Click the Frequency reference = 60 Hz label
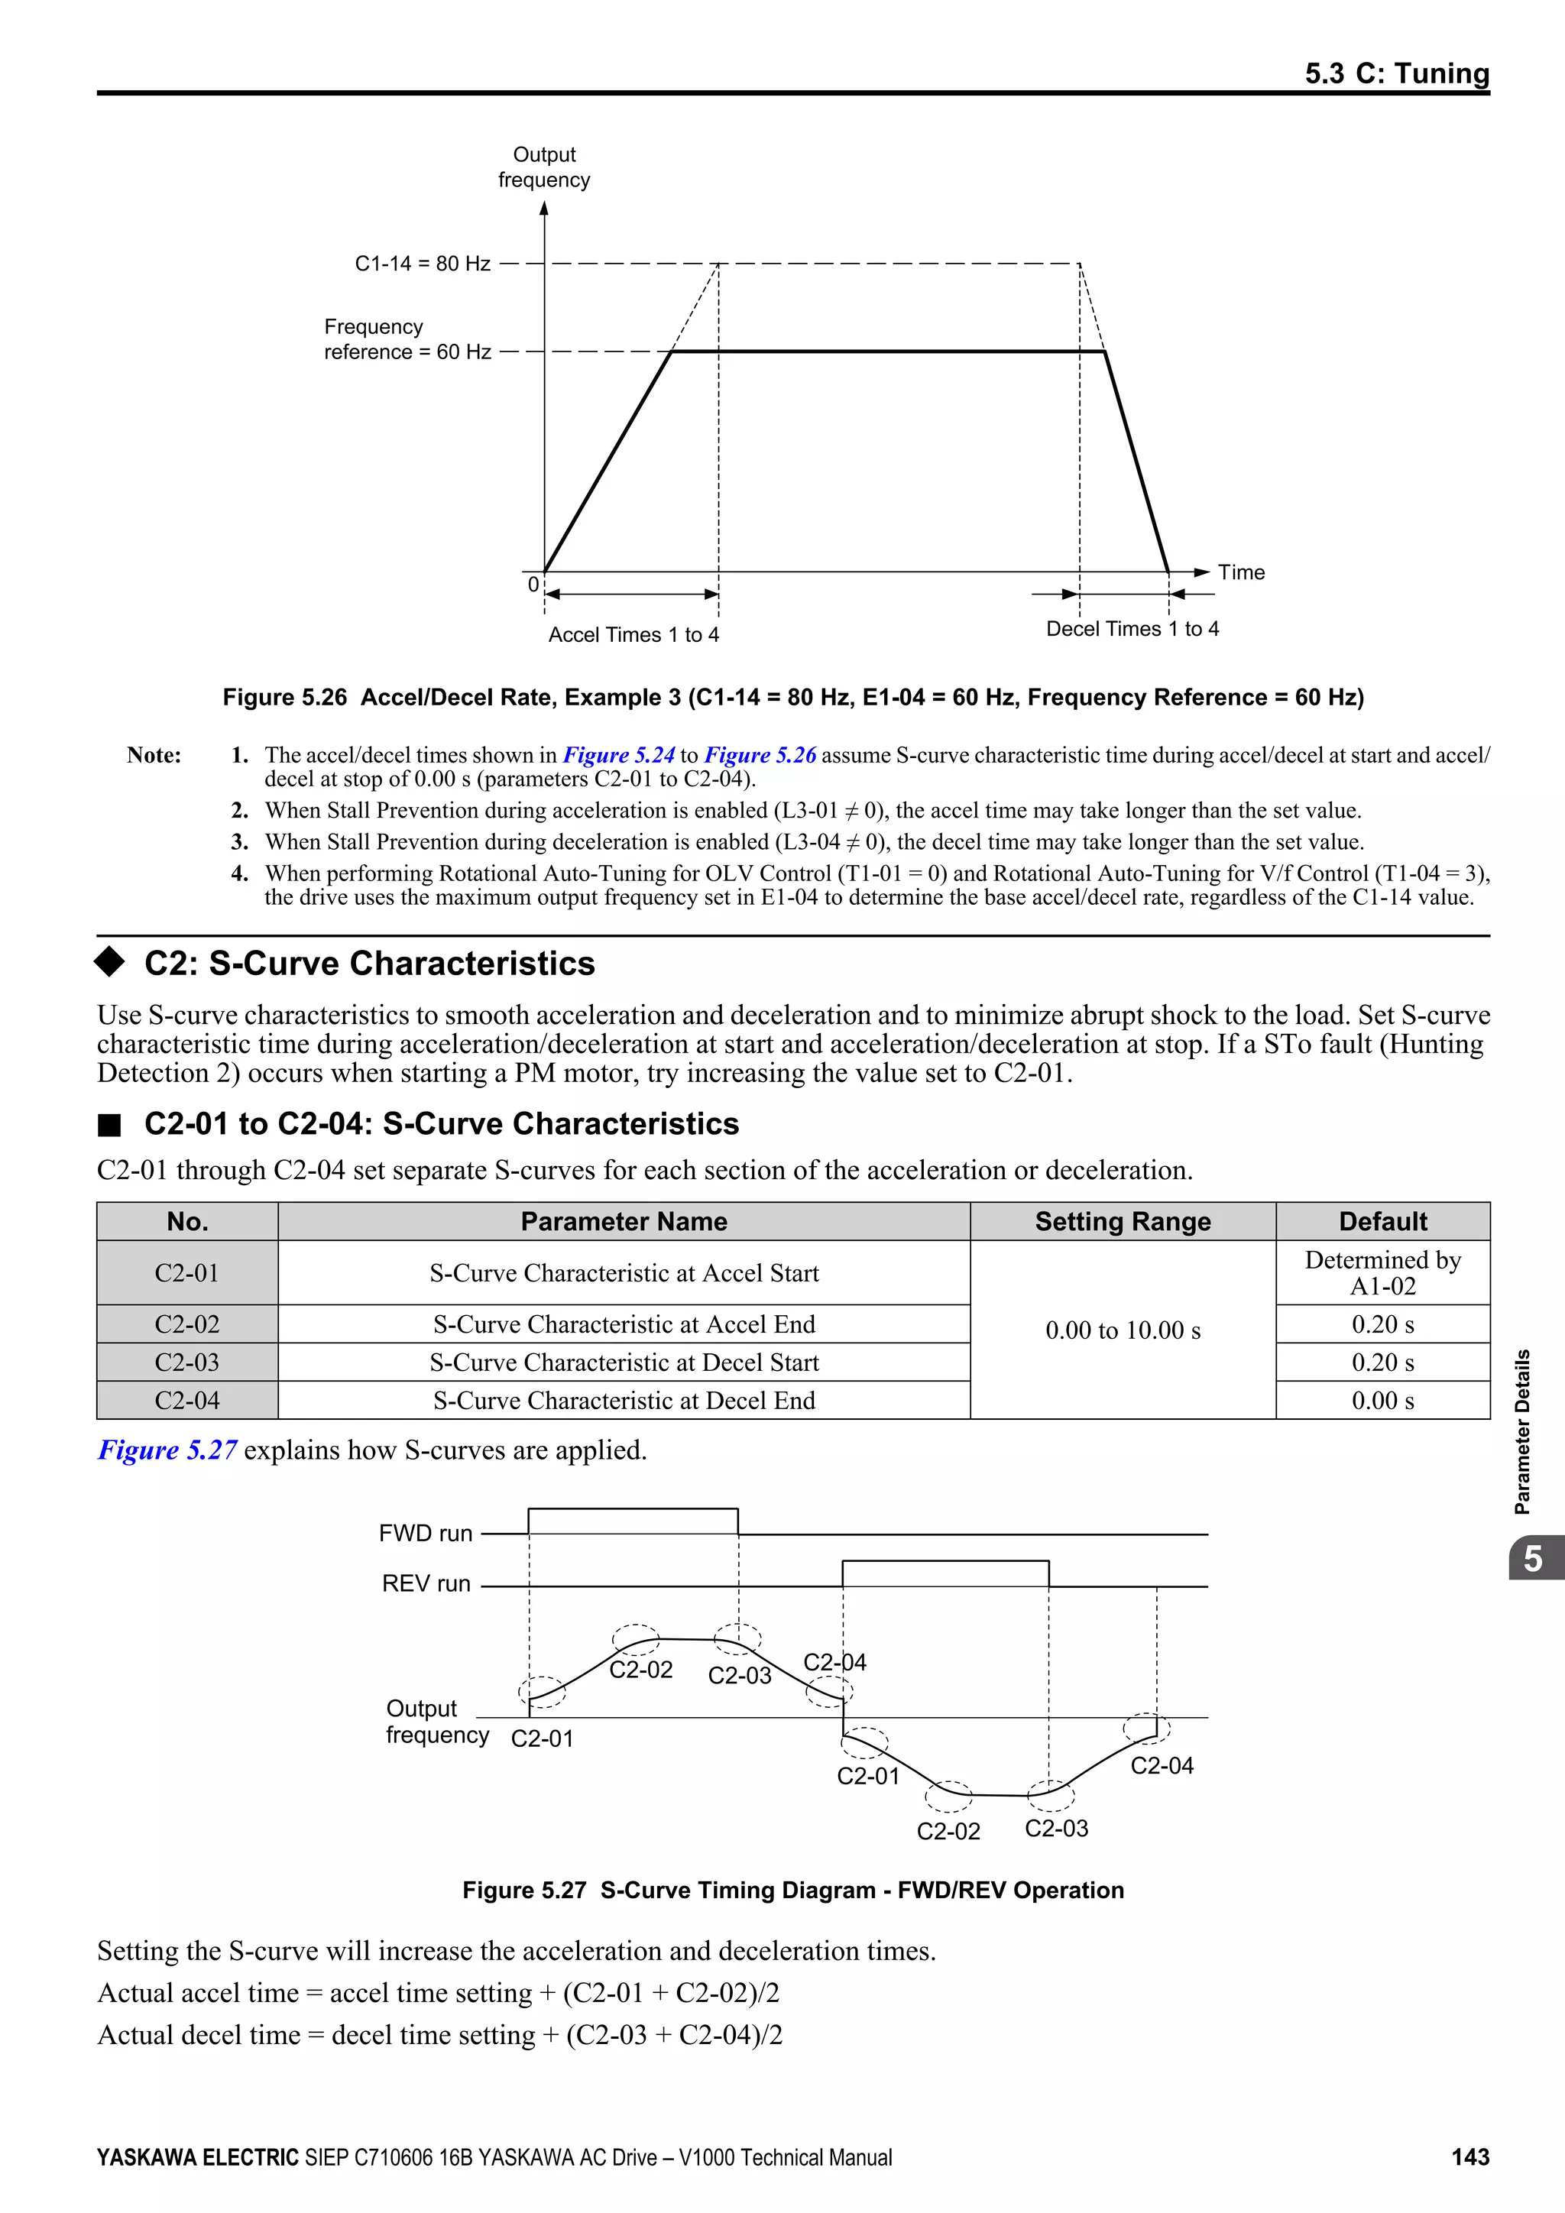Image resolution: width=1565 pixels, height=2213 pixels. click(407, 339)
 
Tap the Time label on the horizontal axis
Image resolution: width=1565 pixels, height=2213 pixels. click(1240, 572)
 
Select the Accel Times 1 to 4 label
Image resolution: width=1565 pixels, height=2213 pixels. click(633, 634)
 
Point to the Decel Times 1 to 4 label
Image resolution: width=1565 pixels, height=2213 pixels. click(1132, 628)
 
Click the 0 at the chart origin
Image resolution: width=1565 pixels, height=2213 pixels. click(533, 584)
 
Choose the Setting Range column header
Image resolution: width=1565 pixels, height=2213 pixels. click(1122, 1221)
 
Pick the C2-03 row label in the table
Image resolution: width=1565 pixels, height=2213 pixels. click(187, 1362)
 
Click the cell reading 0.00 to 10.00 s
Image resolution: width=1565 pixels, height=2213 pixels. click(1122, 1330)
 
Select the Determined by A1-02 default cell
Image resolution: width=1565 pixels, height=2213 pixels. click(1382, 1272)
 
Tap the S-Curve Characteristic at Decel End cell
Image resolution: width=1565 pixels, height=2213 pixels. click(624, 1401)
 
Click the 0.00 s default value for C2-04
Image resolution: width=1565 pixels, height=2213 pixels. click(1382, 1401)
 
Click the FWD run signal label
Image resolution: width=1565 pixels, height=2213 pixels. click(425, 1534)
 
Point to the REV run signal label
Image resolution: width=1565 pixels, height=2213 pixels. click(426, 1583)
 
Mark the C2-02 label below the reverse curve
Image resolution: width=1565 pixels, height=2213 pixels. click(948, 1832)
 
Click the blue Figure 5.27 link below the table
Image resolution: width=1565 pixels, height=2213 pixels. click(167, 1450)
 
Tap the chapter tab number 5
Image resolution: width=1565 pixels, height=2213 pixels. click(1533, 1559)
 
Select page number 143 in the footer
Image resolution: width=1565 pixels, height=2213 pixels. click(1469, 2157)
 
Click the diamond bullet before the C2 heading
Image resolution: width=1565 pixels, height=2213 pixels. click(110, 961)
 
